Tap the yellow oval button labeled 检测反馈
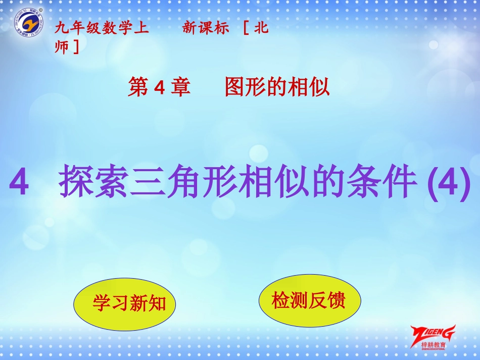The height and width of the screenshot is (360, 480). (309, 301)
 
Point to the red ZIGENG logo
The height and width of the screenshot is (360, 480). (433, 333)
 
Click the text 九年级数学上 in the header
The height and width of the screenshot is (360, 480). (102, 29)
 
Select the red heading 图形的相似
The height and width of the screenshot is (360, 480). (277, 88)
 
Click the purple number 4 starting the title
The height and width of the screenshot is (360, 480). (19, 183)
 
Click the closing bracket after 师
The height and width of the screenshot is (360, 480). (76, 47)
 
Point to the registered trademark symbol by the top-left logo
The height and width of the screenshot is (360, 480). (41, 10)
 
